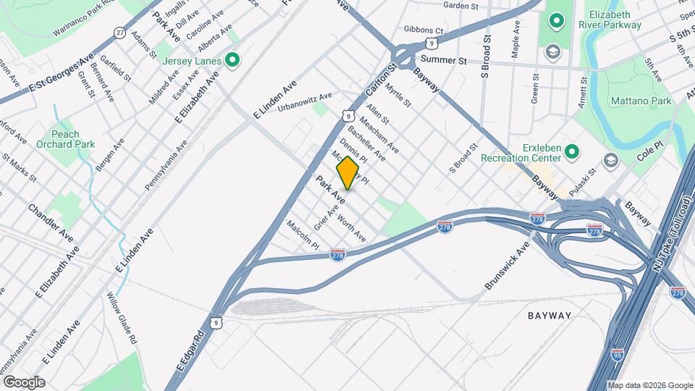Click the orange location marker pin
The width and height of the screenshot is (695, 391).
(347, 173)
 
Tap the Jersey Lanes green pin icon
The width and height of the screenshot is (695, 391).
(232, 60)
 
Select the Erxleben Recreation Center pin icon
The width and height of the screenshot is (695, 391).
(572, 151)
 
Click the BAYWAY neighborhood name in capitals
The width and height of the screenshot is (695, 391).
(549, 316)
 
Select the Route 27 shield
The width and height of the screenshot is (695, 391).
(119, 33)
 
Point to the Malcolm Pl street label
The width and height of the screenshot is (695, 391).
(303, 235)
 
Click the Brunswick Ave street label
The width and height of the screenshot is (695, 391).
(507, 266)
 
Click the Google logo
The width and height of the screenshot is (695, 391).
(23, 382)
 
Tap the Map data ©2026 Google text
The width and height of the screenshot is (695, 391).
(650, 385)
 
